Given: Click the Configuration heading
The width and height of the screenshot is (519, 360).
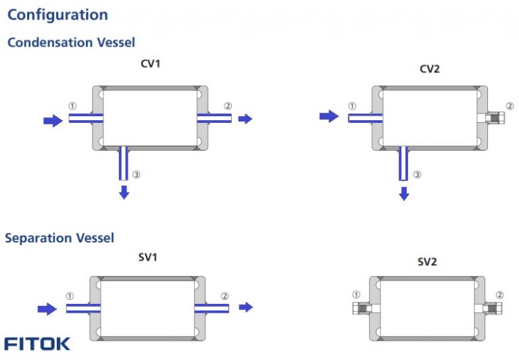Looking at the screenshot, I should click(57, 15).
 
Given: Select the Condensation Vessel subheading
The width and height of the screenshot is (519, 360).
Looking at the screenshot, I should click(71, 43).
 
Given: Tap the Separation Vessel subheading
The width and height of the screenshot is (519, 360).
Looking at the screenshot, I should click(59, 238).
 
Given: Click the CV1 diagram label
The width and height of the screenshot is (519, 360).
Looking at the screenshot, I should click(150, 64).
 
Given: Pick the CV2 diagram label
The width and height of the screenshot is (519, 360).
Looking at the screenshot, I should click(430, 69).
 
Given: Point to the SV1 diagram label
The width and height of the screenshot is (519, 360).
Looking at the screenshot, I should click(148, 257).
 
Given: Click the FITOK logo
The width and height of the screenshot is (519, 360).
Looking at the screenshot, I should click(37, 344).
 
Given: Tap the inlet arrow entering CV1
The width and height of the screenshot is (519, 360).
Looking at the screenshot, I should click(51, 120).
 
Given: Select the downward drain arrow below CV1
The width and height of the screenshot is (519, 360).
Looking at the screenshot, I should click(124, 192).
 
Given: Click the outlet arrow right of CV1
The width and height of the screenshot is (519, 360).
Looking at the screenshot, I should click(245, 119).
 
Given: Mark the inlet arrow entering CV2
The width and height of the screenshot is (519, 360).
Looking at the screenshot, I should click(328, 117).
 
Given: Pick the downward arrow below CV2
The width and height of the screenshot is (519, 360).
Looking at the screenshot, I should click(403, 194).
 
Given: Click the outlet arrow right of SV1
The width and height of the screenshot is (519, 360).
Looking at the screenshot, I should click(246, 307).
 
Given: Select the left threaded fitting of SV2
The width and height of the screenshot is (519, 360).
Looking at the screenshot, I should click(362, 307).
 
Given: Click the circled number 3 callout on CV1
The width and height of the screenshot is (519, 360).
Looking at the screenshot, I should click(136, 174).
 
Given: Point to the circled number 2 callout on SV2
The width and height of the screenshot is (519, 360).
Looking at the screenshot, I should click(499, 294).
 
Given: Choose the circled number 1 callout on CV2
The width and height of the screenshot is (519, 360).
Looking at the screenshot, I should click(351, 106).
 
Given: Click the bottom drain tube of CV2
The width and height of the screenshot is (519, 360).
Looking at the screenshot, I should click(403, 164).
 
